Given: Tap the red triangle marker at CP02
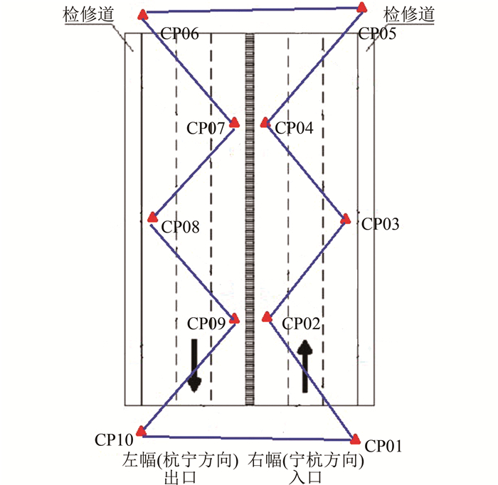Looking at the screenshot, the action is click(x=267, y=317).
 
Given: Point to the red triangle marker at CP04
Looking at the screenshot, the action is click(x=265, y=122).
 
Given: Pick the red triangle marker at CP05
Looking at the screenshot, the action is click(x=361, y=8).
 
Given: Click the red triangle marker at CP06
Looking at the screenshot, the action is click(x=143, y=14).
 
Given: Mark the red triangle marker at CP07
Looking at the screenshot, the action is click(x=233, y=122).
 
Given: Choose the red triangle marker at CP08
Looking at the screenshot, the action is click(x=152, y=218).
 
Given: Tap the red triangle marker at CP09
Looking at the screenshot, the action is click(x=233, y=318).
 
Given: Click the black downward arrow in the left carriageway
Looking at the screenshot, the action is click(x=194, y=364).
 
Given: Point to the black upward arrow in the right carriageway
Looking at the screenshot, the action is click(x=304, y=366).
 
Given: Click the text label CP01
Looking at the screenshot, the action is click(x=384, y=447).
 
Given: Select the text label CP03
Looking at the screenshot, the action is click(x=381, y=223).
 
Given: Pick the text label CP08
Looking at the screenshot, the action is click(x=181, y=228).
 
